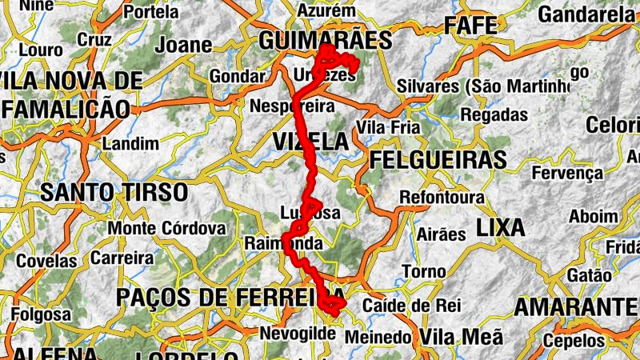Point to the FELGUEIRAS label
(x=438, y=159)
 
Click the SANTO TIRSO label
(x=114, y=192)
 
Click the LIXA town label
(x=500, y=227)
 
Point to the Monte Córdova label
(x=167, y=228)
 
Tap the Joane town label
(x=183, y=45)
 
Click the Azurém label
(x=325, y=11)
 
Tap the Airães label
(x=441, y=234)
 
